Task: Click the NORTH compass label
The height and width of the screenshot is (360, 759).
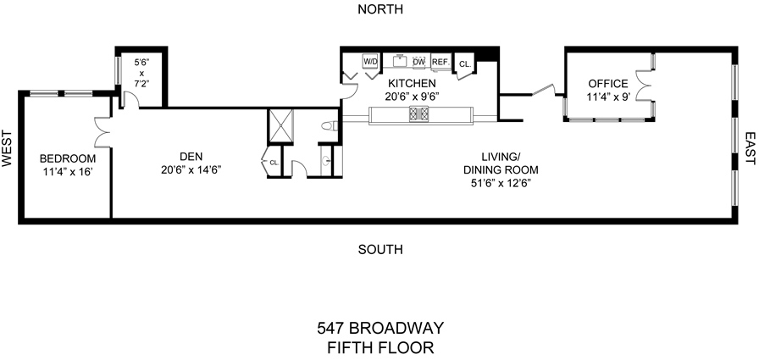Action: click(379, 9)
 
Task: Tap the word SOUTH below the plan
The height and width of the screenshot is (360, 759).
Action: click(379, 249)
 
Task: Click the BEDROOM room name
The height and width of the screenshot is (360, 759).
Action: click(68, 158)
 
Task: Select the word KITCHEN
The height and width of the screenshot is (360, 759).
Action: click(412, 84)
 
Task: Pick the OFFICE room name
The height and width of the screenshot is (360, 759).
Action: click(608, 84)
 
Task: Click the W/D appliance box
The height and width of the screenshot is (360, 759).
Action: click(370, 62)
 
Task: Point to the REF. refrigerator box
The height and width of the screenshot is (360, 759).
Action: click(440, 62)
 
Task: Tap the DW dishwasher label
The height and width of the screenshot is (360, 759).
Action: click(418, 62)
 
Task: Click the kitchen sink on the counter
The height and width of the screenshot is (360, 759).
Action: click(399, 60)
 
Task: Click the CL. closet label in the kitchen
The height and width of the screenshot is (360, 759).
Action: click(464, 64)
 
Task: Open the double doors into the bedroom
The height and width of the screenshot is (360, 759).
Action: click(101, 133)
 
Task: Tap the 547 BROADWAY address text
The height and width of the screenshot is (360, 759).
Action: click(380, 327)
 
